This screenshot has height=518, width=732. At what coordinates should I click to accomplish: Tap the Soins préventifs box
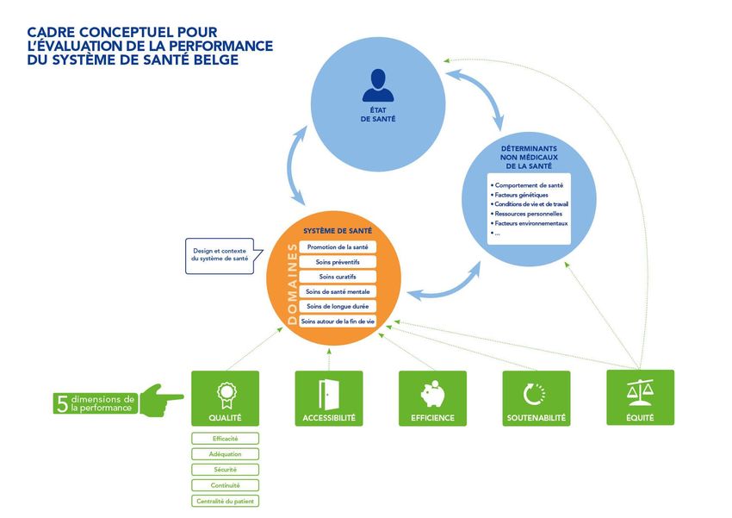coord(337,262)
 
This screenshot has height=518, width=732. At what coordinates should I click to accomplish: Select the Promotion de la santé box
coord(337,247)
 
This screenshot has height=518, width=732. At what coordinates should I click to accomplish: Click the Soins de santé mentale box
coord(337,291)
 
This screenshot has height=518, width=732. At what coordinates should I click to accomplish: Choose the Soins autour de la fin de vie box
coord(337,321)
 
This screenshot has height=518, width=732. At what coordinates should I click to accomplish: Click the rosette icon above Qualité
coord(225,395)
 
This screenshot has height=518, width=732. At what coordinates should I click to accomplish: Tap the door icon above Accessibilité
coord(328,393)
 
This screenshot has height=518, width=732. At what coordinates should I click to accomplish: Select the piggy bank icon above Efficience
coord(432,393)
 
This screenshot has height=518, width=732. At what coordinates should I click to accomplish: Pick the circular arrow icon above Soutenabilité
coord(536,394)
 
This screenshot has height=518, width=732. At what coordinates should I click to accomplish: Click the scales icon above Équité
coord(640,392)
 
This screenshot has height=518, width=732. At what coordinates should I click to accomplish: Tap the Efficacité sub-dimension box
coord(225,439)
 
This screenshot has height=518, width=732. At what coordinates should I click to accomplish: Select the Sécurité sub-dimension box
coord(225,470)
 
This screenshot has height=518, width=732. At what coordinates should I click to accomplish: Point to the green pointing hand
coord(161,399)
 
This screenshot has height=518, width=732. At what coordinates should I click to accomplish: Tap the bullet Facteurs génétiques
coord(520,195)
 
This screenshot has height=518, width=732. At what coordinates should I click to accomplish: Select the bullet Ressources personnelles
coord(527,214)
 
